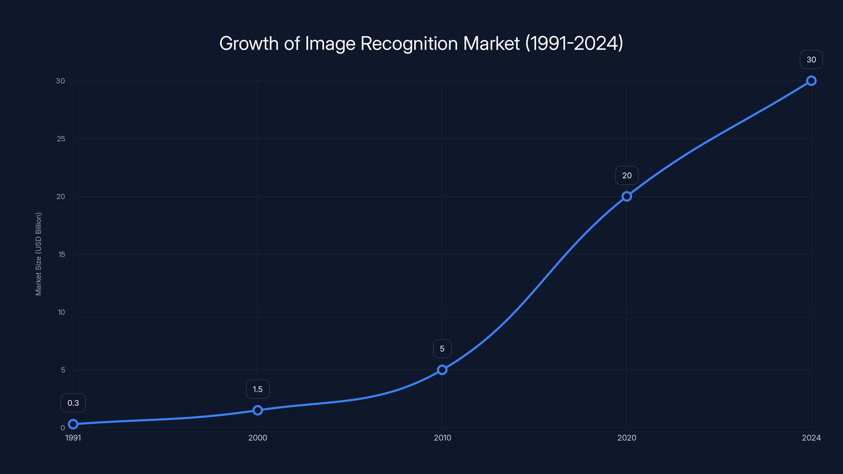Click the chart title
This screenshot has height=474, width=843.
(x=421, y=43)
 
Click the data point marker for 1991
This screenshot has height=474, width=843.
(x=73, y=424)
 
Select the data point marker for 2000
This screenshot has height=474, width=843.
(x=258, y=410)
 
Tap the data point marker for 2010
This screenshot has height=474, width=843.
(x=442, y=370)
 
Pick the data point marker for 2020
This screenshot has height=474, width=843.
(x=627, y=196)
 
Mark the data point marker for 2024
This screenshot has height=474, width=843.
(x=811, y=81)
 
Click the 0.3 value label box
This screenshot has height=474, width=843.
(x=73, y=403)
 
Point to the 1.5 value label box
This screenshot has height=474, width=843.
(x=258, y=389)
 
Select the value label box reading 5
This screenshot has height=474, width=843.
(x=442, y=349)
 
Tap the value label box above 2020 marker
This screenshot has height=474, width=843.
(x=627, y=176)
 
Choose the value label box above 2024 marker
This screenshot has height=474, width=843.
(x=811, y=60)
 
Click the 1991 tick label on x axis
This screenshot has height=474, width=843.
(x=73, y=438)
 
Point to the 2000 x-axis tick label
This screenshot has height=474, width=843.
(x=258, y=438)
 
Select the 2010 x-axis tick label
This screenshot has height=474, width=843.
(x=442, y=438)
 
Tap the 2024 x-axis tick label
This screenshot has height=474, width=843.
(x=811, y=438)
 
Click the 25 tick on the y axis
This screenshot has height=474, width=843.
(x=61, y=139)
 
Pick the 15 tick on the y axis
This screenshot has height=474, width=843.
(x=62, y=254)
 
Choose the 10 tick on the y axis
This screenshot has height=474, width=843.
(x=61, y=312)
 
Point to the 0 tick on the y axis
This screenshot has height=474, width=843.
(x=62, y=428)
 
